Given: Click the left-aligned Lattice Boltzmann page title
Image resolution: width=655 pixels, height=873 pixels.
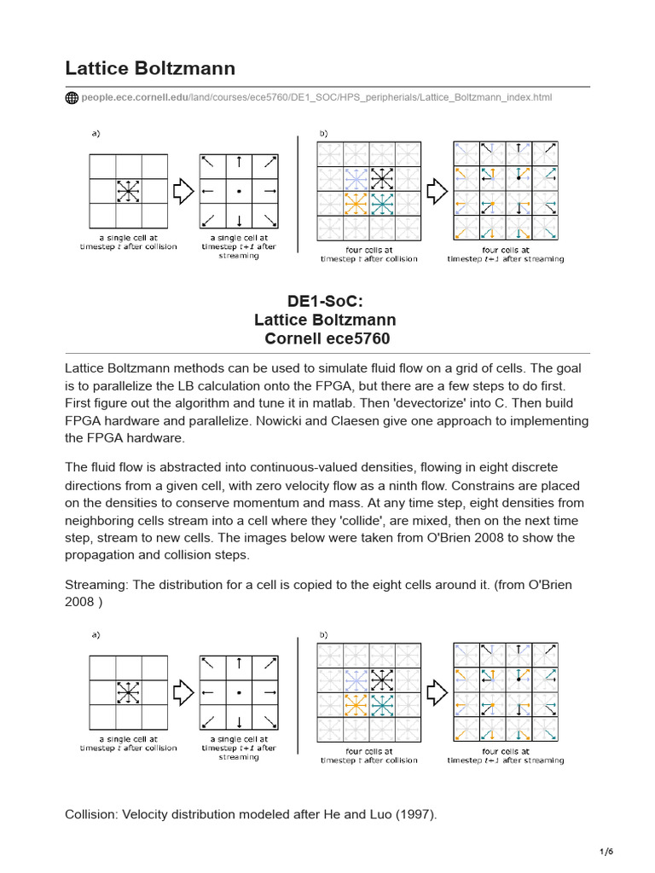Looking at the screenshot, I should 150,68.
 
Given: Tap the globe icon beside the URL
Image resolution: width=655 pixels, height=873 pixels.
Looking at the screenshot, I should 72,98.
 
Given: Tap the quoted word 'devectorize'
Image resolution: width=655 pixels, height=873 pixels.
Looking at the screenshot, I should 461,403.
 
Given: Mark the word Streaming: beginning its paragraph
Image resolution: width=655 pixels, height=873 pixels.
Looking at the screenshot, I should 100,584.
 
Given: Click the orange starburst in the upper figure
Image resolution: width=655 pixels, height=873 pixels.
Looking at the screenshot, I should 355,205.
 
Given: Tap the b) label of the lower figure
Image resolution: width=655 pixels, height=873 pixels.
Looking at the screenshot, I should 323,634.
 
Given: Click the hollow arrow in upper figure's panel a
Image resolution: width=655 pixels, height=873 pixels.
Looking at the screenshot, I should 182,192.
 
